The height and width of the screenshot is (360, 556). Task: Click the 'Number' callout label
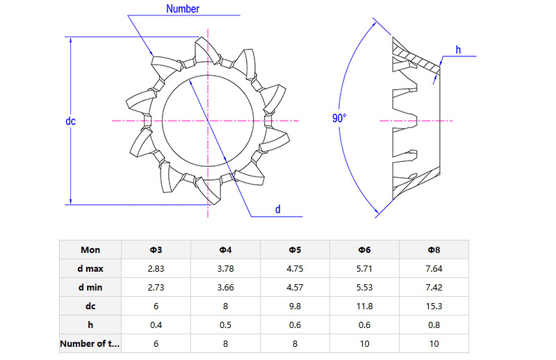183,9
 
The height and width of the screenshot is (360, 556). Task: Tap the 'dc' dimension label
70,121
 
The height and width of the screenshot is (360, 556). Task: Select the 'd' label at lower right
278,209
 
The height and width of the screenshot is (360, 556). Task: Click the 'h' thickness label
458,49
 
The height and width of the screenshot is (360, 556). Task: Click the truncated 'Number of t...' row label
90,343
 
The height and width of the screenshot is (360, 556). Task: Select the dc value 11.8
365,306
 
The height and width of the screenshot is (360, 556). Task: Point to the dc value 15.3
434,306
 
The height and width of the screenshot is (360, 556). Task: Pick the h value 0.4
156,325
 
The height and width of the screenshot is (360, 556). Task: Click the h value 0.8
434,325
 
